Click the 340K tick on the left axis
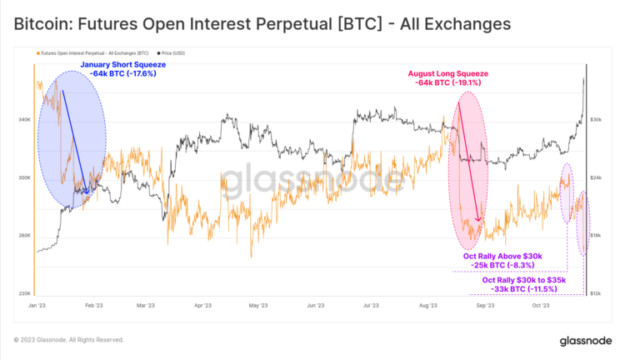24,120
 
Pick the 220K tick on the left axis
24,293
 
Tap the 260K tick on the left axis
24,236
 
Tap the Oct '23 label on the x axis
541,306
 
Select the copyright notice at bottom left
69,340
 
